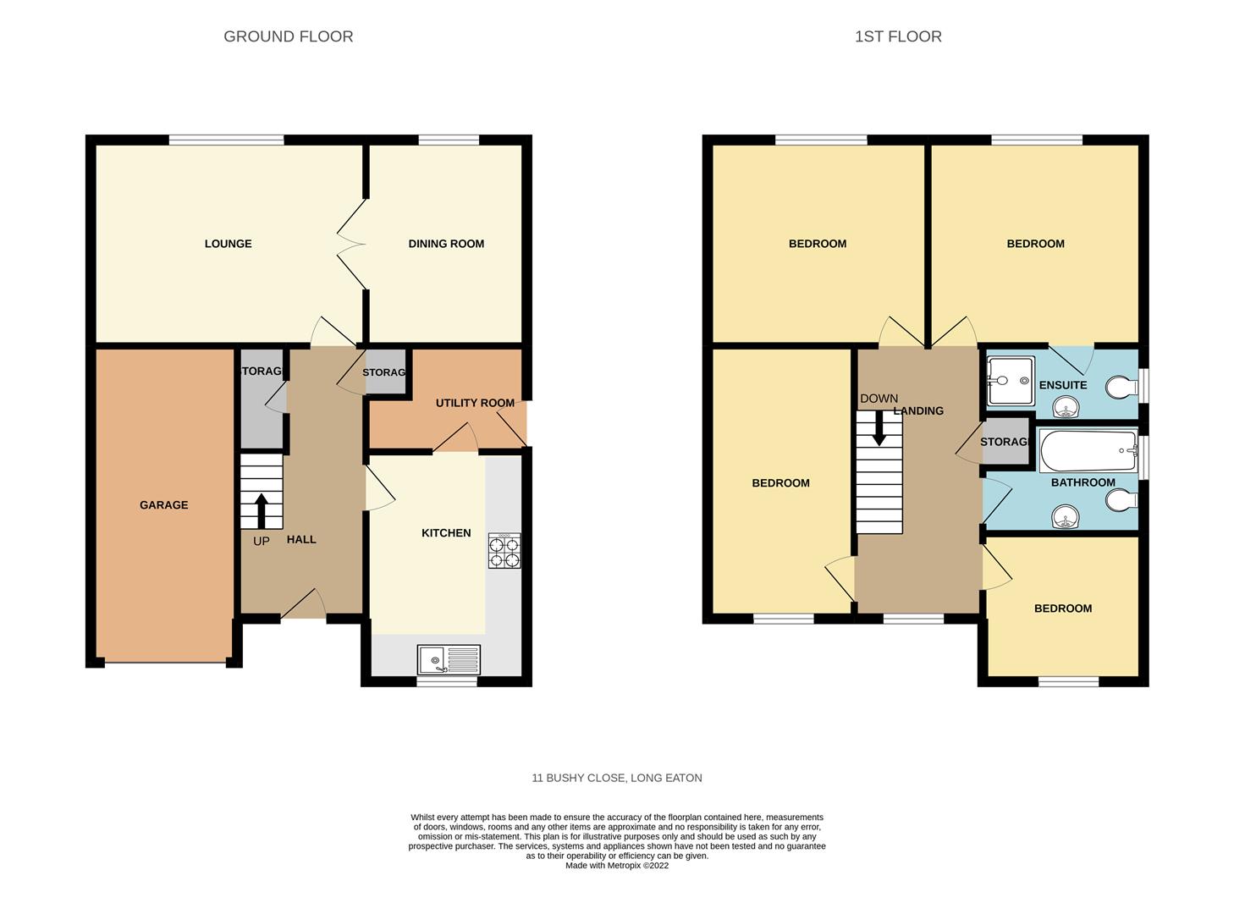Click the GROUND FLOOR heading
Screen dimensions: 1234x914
tap(289, 36)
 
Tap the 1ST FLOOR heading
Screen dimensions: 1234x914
tap(898, 36)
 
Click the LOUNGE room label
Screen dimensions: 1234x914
tap(229, 244)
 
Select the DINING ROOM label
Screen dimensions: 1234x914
tap(446, 244)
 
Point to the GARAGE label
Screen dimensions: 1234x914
tap(164, 505)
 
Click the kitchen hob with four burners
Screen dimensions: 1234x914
tap(504, 550)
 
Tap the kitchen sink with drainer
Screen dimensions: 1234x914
tap(449, 660)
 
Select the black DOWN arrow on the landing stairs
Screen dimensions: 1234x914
tap(879, 428)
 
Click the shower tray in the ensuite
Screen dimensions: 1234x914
tap(1011, 381)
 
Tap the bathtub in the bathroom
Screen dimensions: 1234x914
tap(1088, 450)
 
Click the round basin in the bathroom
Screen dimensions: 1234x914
tap(1066, 517)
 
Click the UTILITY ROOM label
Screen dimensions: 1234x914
tap(475, 403)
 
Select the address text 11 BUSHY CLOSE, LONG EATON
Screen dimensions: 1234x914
tap(617, 778)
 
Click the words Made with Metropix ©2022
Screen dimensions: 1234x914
tap(617, 866)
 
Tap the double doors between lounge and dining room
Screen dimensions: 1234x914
tap(351, 244)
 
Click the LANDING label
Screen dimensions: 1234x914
tap(918, 410)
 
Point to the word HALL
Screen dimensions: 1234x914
tap(301, 540)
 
